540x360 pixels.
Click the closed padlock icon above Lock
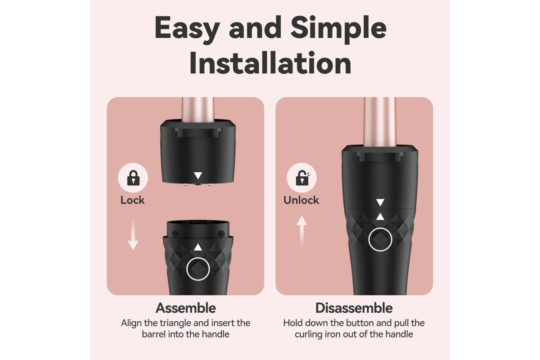point(133,178)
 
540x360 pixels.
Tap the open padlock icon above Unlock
point(302,178)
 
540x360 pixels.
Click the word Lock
point(132,200)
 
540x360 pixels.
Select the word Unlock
point(301,200)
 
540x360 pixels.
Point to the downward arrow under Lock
point(133,234)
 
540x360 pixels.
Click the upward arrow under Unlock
point(301,231)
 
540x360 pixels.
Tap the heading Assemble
point(185,308)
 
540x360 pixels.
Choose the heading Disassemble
point(354,308)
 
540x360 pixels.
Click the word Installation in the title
point(270,63)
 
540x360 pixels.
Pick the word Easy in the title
point(187,29)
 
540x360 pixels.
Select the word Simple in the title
point(338,29)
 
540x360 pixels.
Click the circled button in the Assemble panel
point(198,269)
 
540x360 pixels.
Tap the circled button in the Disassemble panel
point(380,239)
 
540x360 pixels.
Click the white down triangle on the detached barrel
point(198,175)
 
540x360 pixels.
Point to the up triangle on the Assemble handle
point(198,247)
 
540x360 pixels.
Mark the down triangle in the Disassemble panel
point(380,202)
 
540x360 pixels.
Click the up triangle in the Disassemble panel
point(380,216)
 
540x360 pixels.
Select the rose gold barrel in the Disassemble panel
point(380,122)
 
